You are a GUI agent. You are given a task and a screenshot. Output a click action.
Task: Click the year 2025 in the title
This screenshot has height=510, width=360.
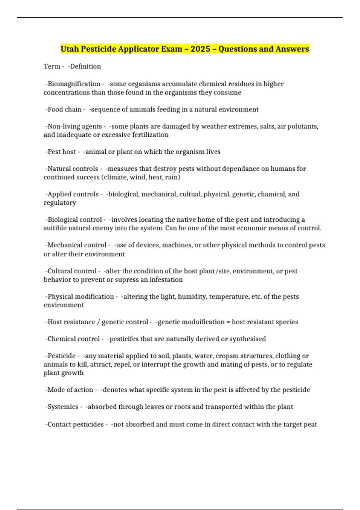coord(200,49)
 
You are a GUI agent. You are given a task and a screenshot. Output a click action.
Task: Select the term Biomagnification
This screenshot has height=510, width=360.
coord(74,84)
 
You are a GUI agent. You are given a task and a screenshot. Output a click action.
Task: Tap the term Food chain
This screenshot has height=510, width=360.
coord(64,109)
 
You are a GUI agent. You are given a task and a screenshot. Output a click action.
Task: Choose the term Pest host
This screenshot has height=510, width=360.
coord(61,152)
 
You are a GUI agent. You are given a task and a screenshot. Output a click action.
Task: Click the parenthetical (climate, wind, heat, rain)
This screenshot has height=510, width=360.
coord(141,177)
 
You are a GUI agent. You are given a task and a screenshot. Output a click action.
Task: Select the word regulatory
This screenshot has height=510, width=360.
coord(60,203)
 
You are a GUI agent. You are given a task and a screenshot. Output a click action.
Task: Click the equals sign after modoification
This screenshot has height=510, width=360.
coord(228,322)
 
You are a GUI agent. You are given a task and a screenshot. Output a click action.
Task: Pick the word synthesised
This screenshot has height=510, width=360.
coord(247,339)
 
